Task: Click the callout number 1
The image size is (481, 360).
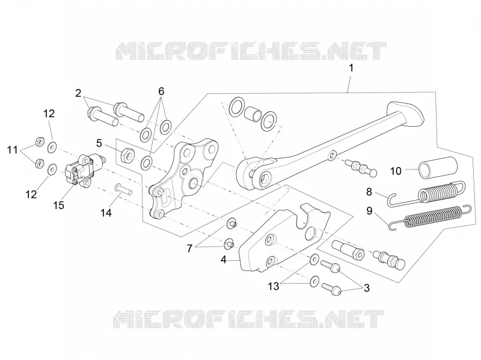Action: coord(351,68)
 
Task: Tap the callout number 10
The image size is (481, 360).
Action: coord(396,171)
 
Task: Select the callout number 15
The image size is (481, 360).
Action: coord(58,205)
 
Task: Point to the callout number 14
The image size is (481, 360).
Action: coord(106,213)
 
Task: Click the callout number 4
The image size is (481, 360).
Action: coord(223,260)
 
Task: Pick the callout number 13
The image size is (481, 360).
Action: coord(274,287)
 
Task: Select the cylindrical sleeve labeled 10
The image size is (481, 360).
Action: coord(438,168)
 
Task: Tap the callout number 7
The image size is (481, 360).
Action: coord(189,248)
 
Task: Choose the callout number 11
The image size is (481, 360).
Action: coord(13,150)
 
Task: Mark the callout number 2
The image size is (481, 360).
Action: coord(79,93)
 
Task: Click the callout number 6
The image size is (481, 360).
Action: coord(161,91)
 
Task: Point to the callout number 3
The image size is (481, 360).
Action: coord(367,288)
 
